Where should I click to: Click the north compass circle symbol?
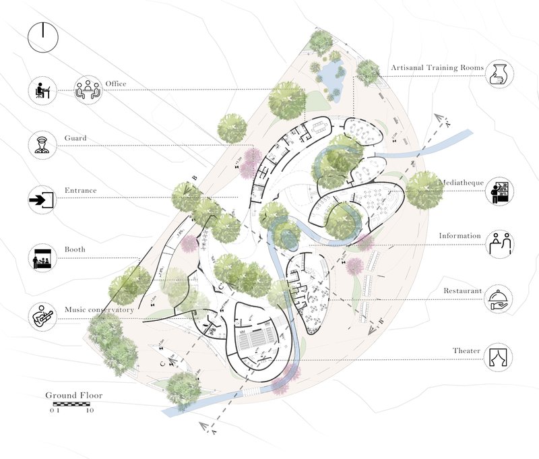(x=42, y=37)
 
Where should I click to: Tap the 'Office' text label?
(x=115, y=84)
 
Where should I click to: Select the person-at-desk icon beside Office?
(x=42, y=90)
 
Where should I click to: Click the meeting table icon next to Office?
(x=87, y=90)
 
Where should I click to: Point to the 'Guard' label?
(x=75, y=138)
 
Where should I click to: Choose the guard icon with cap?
(x=42, y=144)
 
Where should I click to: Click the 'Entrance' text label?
(x=80, y=191)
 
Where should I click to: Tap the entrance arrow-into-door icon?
(x=42, y=200)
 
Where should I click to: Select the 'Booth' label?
(x=74, y=249)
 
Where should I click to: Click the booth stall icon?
(x=42, y=258)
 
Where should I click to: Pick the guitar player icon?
(x=42, y=315)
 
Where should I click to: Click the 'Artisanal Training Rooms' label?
(x=438, y=68)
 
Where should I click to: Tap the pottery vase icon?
(x=499, y=73)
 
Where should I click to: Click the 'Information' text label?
(x=460, y=236)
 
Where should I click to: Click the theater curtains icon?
(x=499, y=356)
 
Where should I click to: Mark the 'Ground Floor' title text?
(x=73, y=396)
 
